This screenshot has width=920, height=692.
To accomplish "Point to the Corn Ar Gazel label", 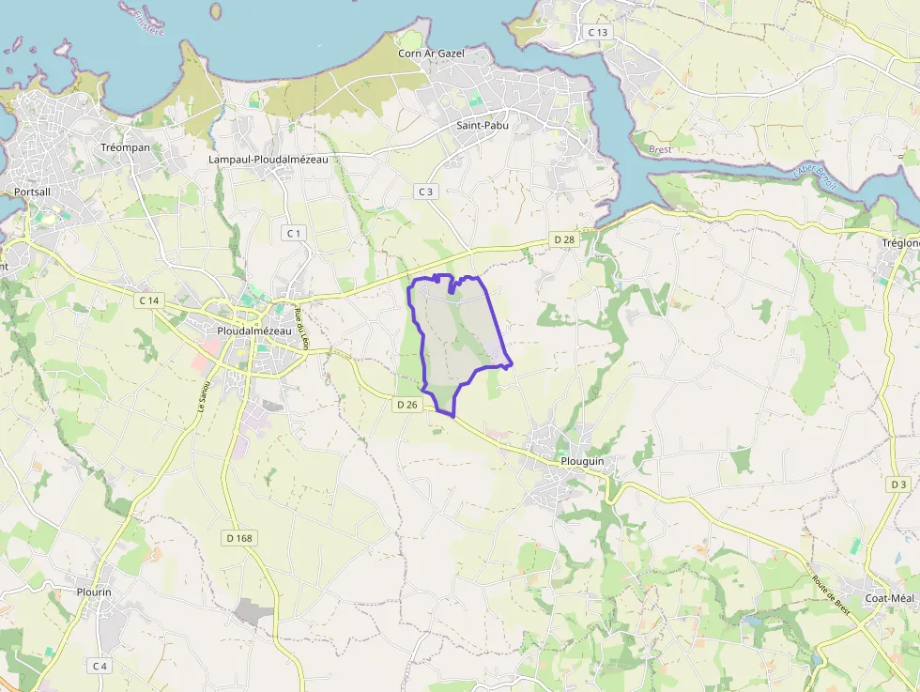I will click(x=431, y=54).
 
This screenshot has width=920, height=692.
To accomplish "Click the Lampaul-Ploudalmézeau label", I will click(x=268, y=160).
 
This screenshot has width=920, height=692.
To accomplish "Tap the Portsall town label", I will click(x=34, y=192).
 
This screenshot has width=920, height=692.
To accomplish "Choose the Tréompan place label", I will click(x=127, y=147).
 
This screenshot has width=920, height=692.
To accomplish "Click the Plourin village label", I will click(x=94, y=592).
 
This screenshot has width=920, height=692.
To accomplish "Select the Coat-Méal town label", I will click(x=889, y=598).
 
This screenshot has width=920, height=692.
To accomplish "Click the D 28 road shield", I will click(x=564, y=239).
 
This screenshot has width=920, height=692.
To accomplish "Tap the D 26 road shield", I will click(x=406, y=404).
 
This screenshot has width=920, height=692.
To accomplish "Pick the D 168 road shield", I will click(x=240, y=538).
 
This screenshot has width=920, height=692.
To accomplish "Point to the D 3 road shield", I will click(x=898, y=484).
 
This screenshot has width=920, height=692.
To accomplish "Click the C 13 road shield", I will click(x=598, y=32).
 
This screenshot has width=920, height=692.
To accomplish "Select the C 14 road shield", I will click(x=148, y=300).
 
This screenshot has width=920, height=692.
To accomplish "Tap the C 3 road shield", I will click(x=426, y=192).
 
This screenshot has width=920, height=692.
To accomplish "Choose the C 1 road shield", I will click(x=294, y=232).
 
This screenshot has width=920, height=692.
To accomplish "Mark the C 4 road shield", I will click(x=100, y=666).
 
